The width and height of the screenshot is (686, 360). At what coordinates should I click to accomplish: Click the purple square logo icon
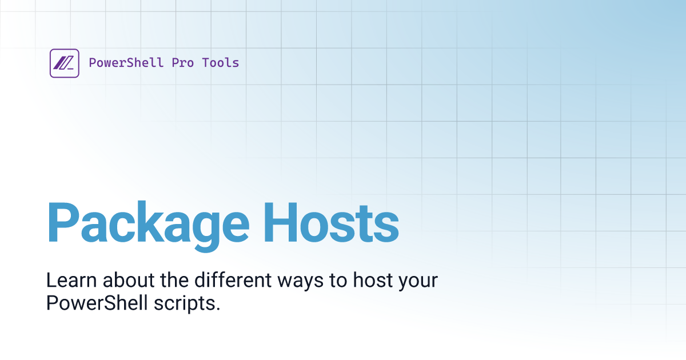tap(64, 63)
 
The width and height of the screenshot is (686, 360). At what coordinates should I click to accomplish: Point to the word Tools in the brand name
tap(221, 63)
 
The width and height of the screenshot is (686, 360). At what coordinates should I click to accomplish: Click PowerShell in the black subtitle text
tap(98, 303)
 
